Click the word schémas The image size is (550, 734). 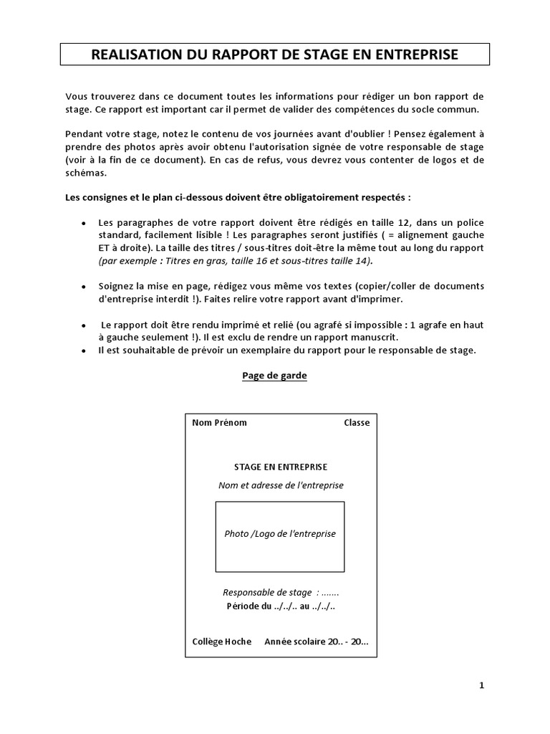(86, 173)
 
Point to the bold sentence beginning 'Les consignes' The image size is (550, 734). (238, 196)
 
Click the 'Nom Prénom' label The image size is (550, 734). (219, 422)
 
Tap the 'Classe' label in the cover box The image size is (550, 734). (357, 422)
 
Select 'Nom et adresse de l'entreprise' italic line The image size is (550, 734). (281, 485)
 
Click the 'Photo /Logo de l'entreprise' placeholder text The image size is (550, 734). (280, 534)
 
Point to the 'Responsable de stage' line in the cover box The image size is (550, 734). (281, 593)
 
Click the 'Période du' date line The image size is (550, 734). (281, 606)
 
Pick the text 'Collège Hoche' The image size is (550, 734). (222, 642)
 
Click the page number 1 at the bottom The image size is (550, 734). (482, 685)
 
